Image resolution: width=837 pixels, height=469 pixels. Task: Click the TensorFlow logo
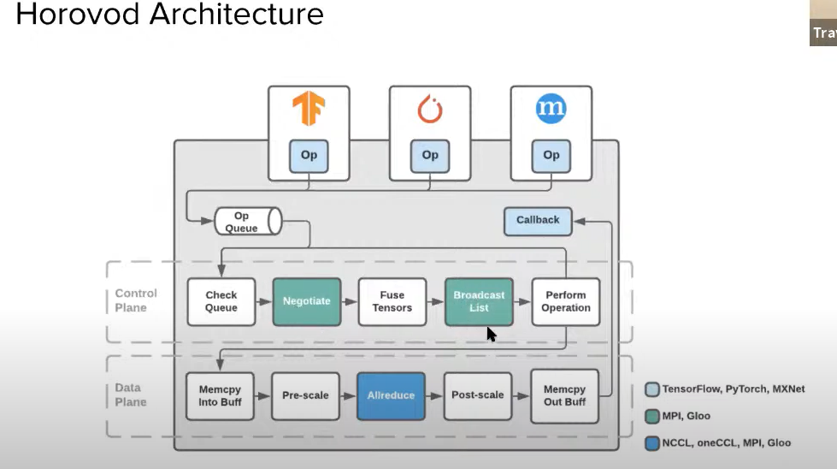[x=309, y=109]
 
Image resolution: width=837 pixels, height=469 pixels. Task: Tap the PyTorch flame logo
[x=430, y=109]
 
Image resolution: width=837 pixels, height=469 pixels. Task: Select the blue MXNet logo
[x=551, y=109]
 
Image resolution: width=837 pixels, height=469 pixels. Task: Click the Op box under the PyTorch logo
[x=430, y=155]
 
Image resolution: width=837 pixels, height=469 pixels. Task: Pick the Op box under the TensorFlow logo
[x=309, y=155]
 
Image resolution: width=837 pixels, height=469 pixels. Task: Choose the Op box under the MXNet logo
[x=551, y=155]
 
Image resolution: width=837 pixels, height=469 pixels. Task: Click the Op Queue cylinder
[x=247, y=222]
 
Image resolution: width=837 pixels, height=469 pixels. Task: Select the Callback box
[x=538, y=220]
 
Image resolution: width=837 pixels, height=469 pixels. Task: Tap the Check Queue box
[x=221, y=301]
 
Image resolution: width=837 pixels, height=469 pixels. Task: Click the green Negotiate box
[x=307, y=301]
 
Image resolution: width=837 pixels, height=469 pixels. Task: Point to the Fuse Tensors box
[x=392, y=301]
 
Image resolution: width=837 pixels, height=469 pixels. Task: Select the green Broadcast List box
[x=479, y=301]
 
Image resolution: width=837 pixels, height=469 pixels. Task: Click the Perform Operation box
[x=565, y=301]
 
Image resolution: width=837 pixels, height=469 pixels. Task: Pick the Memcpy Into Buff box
[x=221, y=395]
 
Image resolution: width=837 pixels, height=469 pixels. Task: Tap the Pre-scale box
[x=305, y=395]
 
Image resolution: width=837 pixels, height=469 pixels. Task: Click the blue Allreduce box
[x=391, y=395]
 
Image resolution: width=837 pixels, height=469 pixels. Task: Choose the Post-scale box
[x=477, y=395]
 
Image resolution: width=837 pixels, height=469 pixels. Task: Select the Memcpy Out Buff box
[x=564, y=395]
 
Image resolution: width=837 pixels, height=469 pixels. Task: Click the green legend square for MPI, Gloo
[x=651, y=416]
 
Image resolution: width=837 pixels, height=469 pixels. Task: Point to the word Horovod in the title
[x=81, y=14]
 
